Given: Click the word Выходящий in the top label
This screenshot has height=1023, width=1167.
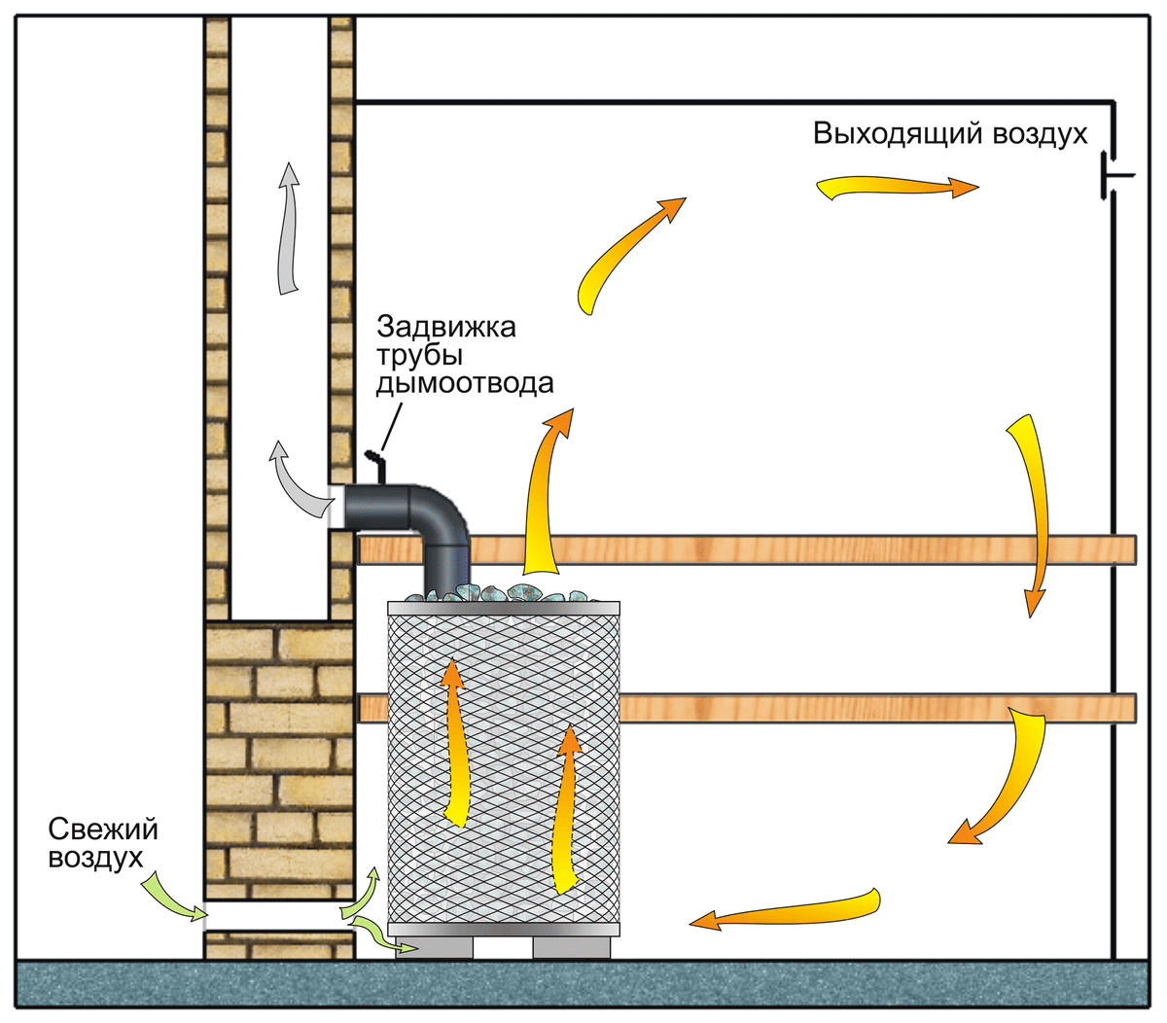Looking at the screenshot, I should pos(895,134).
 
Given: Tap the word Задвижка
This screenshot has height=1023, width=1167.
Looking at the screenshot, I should pos(446,326).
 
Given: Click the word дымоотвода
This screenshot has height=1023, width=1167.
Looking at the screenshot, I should pos(465,383).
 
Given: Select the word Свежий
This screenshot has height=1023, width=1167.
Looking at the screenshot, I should pos(103,829).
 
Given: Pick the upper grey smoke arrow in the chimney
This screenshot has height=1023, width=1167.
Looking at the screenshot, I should pos(288,229).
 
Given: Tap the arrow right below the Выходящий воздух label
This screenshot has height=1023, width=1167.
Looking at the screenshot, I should pos(895,188).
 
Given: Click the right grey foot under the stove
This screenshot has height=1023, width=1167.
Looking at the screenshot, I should pos(571,946).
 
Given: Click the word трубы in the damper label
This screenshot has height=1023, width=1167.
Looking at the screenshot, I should pos(420,355).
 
